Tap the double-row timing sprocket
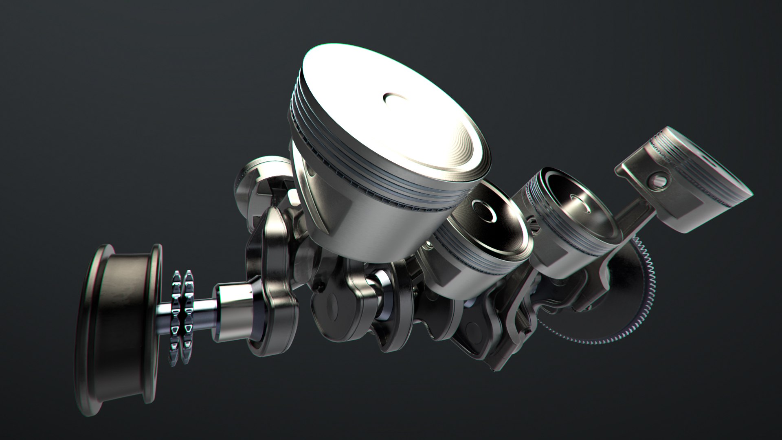pyautogui.click(x=181, y=314)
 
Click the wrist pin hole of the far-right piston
pyautogui.click(x=662, y=179)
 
